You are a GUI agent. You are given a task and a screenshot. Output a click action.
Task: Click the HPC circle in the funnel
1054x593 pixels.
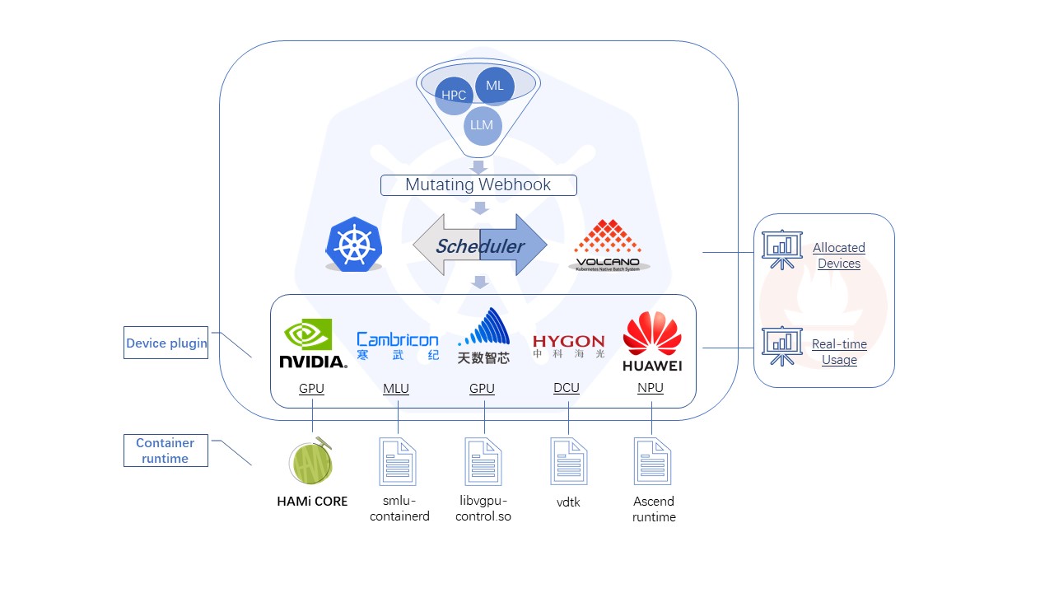[x=453, y=96]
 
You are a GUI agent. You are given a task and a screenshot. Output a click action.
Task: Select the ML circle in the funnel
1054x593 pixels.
[x=495, y=86]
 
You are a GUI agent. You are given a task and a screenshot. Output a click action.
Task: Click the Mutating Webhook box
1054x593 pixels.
[x=478, y=185]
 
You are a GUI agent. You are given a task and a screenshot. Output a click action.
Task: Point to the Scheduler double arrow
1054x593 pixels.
[x=479, y=245]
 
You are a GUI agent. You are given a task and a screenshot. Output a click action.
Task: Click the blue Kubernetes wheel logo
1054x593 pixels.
[x=354, y=245]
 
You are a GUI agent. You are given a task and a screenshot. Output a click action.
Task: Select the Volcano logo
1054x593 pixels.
[x=609, y=245]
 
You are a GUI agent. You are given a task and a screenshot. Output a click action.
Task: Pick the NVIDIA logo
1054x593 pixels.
[x=312, y=343]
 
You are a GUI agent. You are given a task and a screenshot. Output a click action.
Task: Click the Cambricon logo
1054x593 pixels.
[x=397, y=345]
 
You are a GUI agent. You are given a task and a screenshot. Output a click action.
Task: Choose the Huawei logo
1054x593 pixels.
[x=652, y=342]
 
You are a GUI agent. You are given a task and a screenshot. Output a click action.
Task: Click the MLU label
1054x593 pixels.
[x=396, y=389]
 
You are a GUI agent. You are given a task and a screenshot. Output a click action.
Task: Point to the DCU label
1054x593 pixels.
[x=567, y=388]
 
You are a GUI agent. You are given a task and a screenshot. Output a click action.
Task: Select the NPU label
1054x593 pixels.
[x=651, y=388]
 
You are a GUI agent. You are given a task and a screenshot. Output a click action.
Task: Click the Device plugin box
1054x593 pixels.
[x=166, y=343]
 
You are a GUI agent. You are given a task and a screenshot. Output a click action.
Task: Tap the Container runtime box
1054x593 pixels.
[x=166, y=451]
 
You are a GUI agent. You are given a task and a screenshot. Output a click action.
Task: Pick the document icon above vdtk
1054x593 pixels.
[x=568, y=461]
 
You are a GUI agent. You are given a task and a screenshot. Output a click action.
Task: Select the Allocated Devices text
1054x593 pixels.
[x=839, y=255]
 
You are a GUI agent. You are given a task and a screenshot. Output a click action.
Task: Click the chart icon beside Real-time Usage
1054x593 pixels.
[x=781, y=346]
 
